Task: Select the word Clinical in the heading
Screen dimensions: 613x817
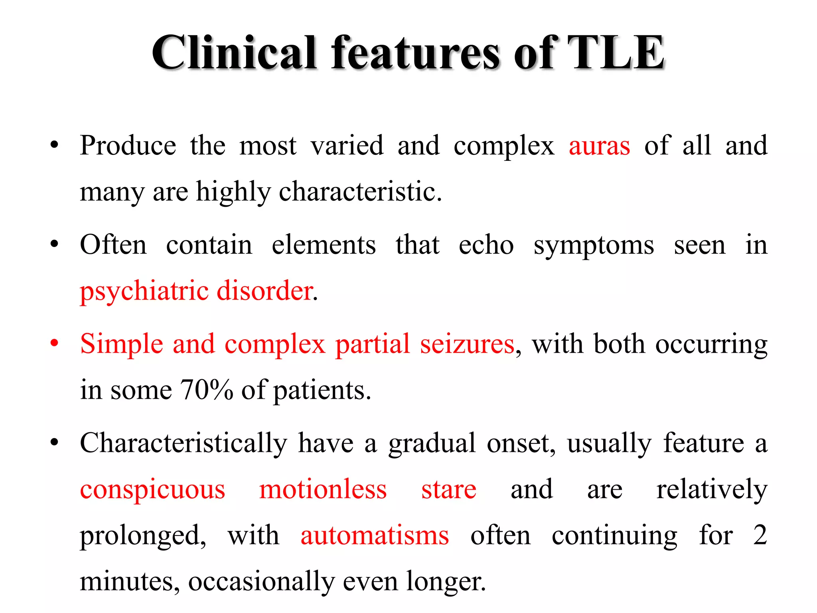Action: coord(234,53)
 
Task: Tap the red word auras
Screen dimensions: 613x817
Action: coord(599,146)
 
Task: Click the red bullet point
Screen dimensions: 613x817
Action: coord(55,343)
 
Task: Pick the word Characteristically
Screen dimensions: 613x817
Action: coord(184,443)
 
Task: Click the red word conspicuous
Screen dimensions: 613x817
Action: coord(152,490)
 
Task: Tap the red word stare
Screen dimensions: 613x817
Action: coord(449,490)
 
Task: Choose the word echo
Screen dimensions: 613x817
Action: coord(486,245)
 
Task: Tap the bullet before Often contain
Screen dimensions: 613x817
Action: coord(55,244)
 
